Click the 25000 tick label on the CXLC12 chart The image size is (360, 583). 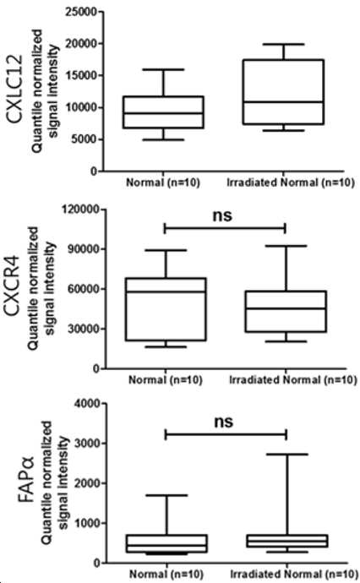click(x=80, y=12)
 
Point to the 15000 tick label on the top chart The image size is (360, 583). click(x=80, y=76)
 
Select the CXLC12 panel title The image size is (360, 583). click(x=15, y=90)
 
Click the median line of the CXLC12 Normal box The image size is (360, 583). click(x=163, y=113)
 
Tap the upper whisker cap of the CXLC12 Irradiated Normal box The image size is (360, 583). click(x=283, y=44)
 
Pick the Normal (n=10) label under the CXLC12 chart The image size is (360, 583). click(x=163, y=183)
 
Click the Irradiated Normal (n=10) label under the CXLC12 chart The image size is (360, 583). click(x=291, y=183)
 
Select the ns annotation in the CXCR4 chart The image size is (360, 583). click(x=222, y=215)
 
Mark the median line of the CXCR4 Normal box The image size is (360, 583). click(x=166, y=291)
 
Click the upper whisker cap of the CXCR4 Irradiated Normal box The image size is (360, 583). click(x=286, y=246)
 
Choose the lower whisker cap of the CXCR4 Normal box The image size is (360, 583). click(x=166, y=347)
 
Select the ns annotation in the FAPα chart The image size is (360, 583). click(x=223, y=422)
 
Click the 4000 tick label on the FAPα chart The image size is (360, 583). click(x=87, y=404)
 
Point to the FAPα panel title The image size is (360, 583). click(x=28, y=481)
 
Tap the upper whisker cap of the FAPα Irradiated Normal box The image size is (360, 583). click(x=287, y=455)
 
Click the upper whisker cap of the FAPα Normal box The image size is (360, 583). click(x=167, y=495)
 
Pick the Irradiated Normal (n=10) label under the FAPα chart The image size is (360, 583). click(x=293, y=574)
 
